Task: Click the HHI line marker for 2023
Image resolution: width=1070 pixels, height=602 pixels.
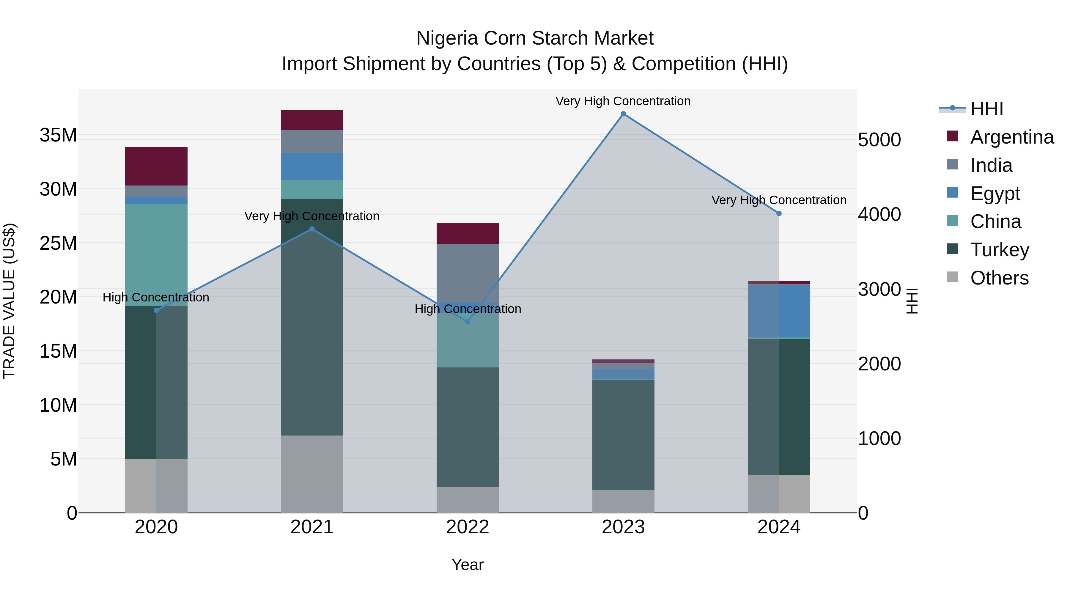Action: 623,114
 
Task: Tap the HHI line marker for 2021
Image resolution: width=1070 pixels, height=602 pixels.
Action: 312,229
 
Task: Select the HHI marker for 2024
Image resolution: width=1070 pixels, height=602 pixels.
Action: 779,213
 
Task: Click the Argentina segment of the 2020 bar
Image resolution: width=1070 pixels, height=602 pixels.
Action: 156,166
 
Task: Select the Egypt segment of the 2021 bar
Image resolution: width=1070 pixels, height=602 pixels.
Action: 312,166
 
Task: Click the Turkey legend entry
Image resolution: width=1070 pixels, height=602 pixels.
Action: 999,250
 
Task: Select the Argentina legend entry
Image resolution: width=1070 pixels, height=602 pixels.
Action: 1011,137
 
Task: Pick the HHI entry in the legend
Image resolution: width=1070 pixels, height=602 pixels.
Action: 986,109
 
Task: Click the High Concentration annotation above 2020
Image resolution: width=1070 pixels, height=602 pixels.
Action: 156,298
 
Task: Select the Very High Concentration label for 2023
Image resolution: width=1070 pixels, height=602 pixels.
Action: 623,101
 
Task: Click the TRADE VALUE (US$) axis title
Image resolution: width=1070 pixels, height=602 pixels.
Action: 10,301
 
